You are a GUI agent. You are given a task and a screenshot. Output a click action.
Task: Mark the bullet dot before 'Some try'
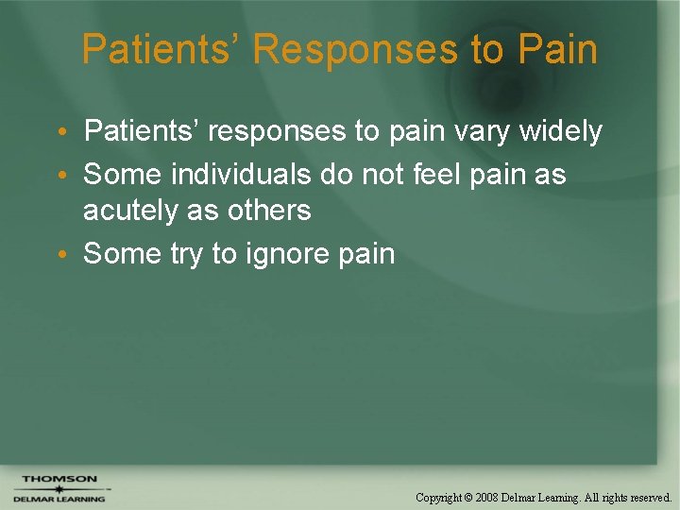(71, 254)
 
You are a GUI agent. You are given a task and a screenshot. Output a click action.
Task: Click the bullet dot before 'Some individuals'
(71, 175)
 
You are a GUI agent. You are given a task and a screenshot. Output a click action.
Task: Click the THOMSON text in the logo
(60, 479)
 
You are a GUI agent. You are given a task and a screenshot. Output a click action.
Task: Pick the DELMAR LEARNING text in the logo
(59, 500)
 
